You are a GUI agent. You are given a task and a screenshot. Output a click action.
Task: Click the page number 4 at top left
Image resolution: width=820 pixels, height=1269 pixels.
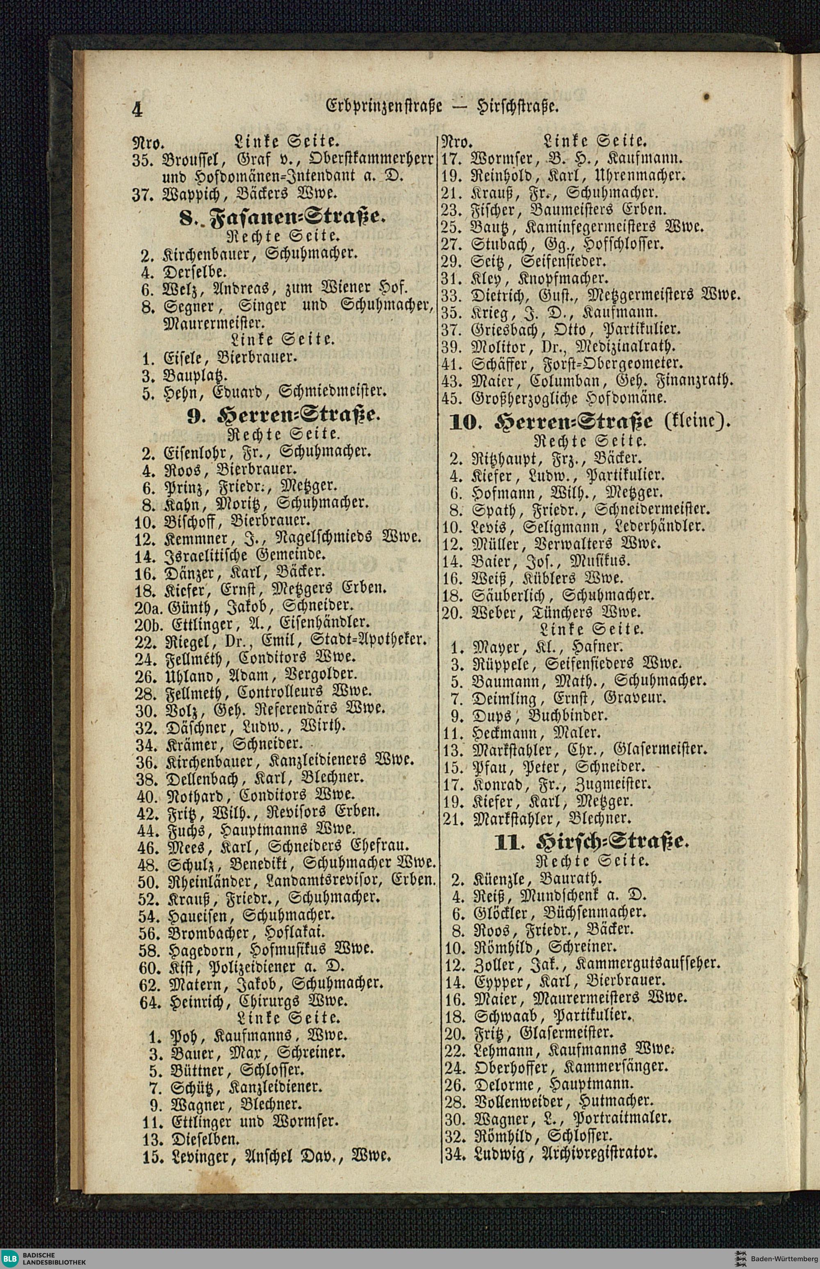(137, 109)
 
